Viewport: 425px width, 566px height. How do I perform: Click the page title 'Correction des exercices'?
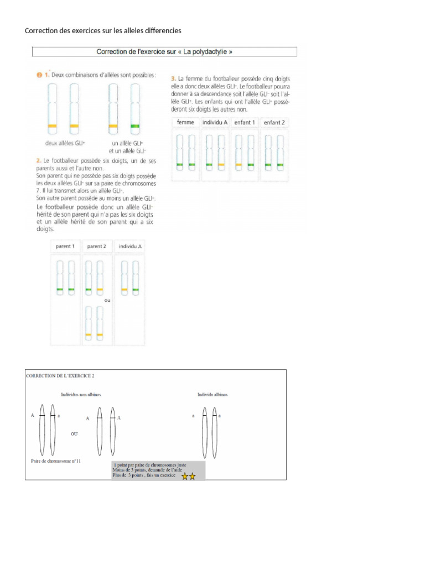[103, 30]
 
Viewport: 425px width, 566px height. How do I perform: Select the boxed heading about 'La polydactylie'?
[164, 52]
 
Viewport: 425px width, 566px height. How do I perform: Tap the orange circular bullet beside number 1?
[39, 75]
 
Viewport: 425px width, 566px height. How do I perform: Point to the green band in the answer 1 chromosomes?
[134, 127]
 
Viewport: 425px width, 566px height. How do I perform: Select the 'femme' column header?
[185, 122]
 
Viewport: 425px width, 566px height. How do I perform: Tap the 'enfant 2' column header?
[274, 122]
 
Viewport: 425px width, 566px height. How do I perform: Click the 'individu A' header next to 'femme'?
[215, 122]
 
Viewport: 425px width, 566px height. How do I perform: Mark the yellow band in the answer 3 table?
[221, 165]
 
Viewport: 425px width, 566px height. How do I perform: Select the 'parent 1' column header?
[65, 246]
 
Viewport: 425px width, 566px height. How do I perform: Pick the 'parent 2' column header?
[96, 246]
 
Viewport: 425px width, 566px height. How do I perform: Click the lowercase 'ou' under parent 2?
[107, 300]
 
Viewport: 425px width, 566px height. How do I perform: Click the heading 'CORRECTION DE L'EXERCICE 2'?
[60, 375]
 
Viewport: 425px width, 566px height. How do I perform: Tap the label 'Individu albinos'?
[212, 395]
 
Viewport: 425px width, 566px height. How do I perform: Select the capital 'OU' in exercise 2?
[74, 434]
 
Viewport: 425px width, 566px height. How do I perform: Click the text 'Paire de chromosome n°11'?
[56, 460]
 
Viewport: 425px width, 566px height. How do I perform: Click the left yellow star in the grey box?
[184, 476]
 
